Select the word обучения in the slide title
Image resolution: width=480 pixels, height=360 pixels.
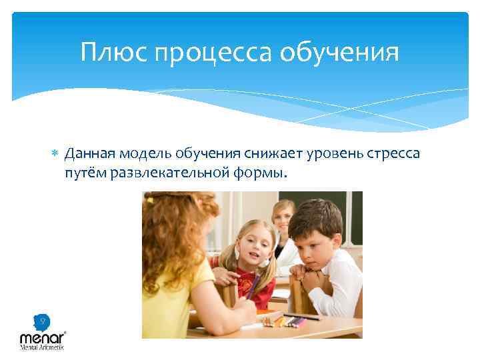pos(347,53)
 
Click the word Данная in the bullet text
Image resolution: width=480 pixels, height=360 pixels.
pos(89,154)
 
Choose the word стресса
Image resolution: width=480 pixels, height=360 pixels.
pos(390,155)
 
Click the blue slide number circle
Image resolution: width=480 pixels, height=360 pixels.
pos(42,321)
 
